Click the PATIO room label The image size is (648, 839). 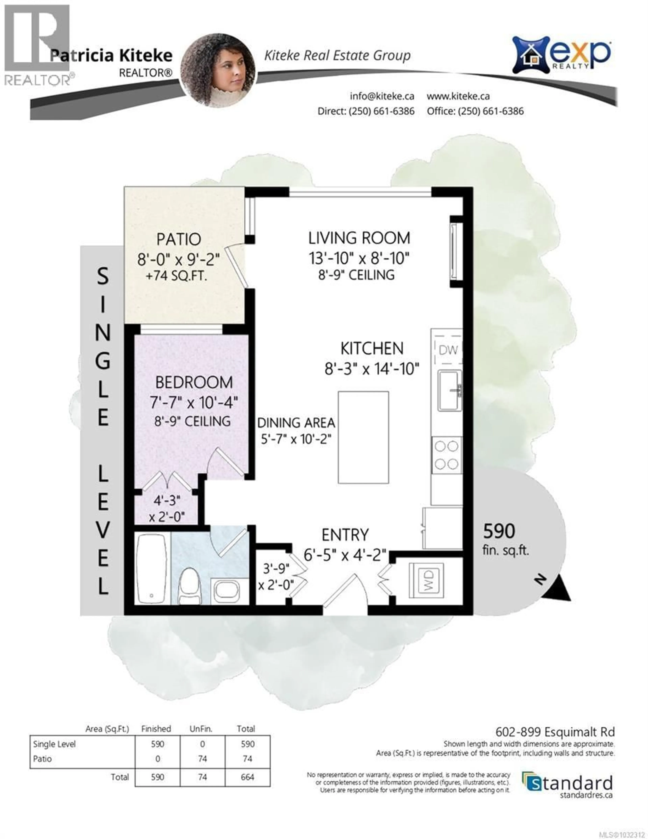coord(179,239)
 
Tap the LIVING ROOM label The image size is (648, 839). coord(359,238)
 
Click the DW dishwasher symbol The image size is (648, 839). coord(448,350)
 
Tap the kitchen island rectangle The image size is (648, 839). coord(363,437)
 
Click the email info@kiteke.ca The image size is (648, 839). coord(381,96)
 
